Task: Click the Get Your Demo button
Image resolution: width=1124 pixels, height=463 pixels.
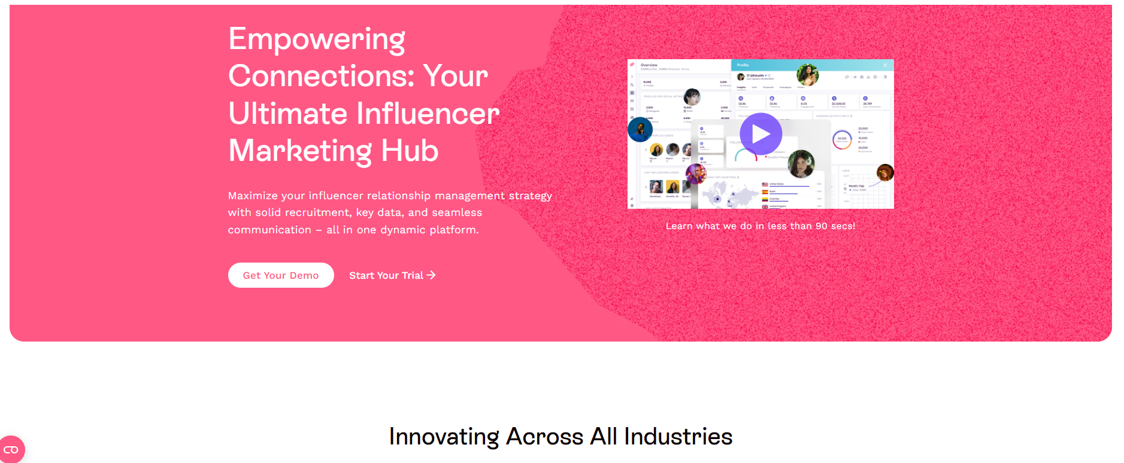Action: [x=281, y=275]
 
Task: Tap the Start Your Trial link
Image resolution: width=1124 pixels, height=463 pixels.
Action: [x=386, y=275]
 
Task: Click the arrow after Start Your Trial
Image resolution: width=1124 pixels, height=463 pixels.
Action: [x=431, y=275]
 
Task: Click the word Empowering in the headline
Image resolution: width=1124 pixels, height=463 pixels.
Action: [x=317, y=40]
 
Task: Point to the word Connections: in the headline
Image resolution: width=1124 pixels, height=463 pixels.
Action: [x=321, y=77]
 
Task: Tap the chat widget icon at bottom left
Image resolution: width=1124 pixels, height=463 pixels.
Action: [x=11, y=450]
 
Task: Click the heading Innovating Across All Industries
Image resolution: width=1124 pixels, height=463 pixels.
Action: [x=561, y=437]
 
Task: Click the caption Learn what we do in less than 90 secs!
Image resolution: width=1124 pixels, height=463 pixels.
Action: [x=760, y=226]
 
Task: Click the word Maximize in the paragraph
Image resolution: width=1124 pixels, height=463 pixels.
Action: [x=253, y=196]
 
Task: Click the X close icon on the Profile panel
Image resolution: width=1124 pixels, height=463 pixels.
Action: [x=885, y=65]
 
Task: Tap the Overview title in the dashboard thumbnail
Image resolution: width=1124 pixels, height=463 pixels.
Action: [x=649, y=65]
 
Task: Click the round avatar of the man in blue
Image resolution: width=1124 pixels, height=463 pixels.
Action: [x=640, y=129]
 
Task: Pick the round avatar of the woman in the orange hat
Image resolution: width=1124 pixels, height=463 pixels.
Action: [x=885, y=173]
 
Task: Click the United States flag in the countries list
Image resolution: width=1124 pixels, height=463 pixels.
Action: [x=765, y=184]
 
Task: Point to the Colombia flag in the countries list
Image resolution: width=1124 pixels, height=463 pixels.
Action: [x=765, y=199]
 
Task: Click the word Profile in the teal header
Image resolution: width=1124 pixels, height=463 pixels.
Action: [x=743, y=65]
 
